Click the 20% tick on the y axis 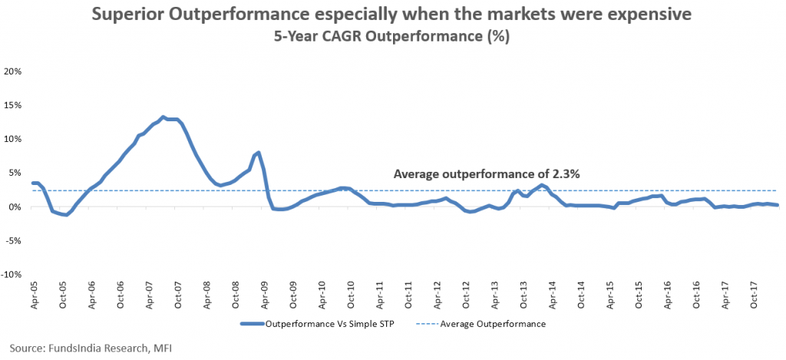tap(14, 71)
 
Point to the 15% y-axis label tap(14, 104)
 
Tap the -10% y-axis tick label tap(12, 274)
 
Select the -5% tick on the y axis tap(14, 240)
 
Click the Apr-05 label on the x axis tap(35, 296)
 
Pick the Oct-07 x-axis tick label tap(178, 296)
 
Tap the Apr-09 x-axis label tap(265, 296)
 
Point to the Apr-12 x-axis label tap(438, 296)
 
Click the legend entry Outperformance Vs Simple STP tap(322, 324)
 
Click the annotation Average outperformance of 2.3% tap(486, 174)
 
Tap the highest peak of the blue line tap(163, 117)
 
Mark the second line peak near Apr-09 tap(259, 153)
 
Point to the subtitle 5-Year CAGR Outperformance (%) tap(392, 36)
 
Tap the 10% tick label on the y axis tap(14, 138)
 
